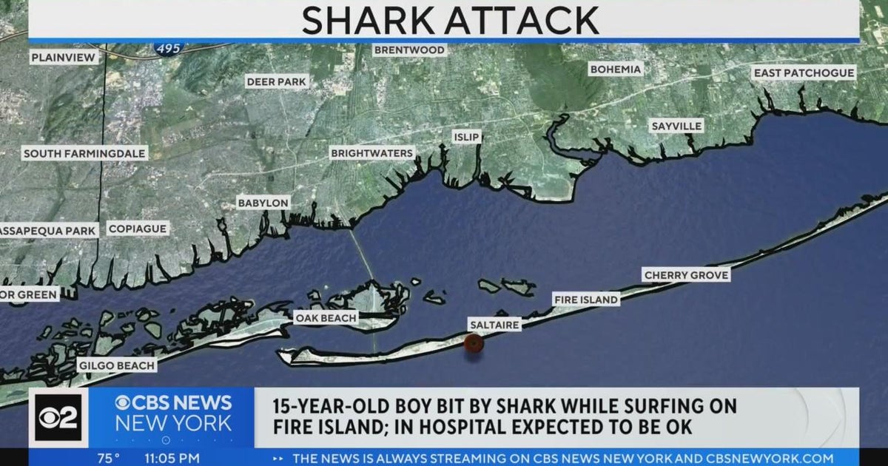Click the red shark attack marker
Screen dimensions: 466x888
(474, 342)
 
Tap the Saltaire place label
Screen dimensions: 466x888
(494, 325)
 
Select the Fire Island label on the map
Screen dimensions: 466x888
(586, 300)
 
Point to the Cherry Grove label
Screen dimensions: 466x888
(687, 275)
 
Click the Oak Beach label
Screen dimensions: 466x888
(326, 318)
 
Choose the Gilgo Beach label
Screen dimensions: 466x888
(117, 365)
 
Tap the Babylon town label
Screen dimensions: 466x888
(263, 203)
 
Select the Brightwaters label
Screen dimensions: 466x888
(371, 153)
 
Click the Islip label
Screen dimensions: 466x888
(467, 137)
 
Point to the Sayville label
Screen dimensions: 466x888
(676, 126)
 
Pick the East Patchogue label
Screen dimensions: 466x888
(804, 72)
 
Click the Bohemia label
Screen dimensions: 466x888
(616, 70)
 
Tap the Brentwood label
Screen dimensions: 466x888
(409, 50)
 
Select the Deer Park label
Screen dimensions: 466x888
(276, 81)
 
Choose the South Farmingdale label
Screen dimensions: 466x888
(85, 154)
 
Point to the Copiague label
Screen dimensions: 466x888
(138, 229)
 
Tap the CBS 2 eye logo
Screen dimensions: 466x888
(58, 418)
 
